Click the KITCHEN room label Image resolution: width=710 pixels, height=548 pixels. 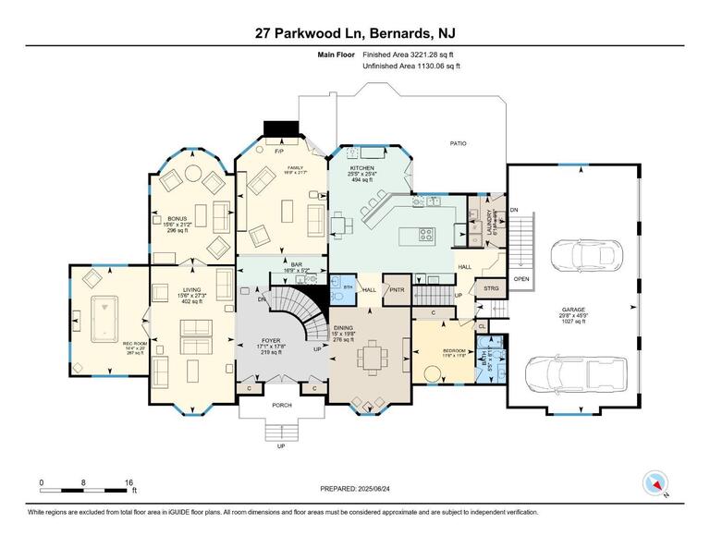[361, 168]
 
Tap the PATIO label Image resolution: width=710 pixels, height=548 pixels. [458, 143]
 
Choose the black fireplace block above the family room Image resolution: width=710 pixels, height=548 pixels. [277, 129]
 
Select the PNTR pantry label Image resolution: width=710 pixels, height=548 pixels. [398, 289]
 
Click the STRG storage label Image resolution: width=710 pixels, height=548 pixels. [491, 289]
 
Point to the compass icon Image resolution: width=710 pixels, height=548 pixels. [655, 483]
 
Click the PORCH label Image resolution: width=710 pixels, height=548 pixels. [281, 405]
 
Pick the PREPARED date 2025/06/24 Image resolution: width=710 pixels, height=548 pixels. [354, 488]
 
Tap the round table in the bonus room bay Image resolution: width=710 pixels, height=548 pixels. [193, 172]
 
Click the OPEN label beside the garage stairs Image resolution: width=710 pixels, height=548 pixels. [521, 278]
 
